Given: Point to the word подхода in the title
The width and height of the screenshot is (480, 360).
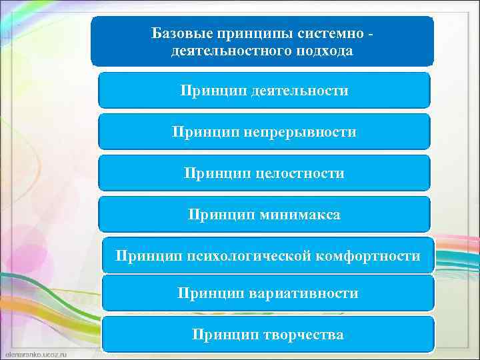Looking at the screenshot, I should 321,51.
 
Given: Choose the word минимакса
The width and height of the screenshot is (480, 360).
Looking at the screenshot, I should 300,215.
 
